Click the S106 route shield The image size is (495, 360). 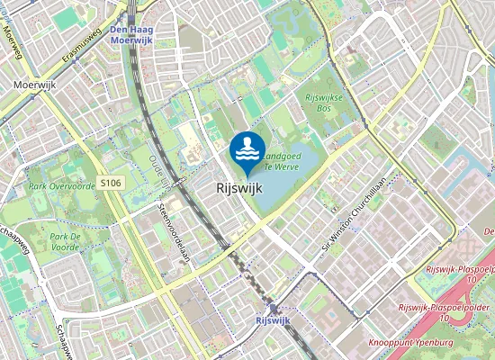[111, 183]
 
